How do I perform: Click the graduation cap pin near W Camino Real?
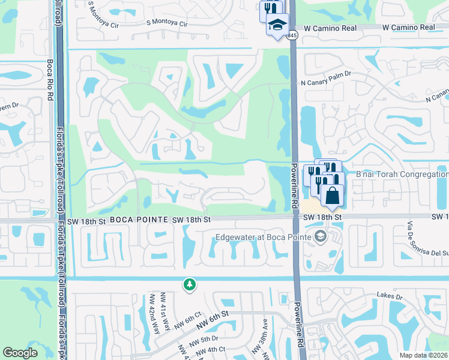(x=277, y=25)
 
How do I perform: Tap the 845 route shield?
(x=292, y=36)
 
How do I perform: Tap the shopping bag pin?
(x=332, y=195)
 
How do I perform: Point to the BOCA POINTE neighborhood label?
(x=139, y=220)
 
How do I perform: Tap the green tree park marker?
(x=190, y=284)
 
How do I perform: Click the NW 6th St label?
(x=217, y=314)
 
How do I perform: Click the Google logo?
(x=20, y=353)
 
